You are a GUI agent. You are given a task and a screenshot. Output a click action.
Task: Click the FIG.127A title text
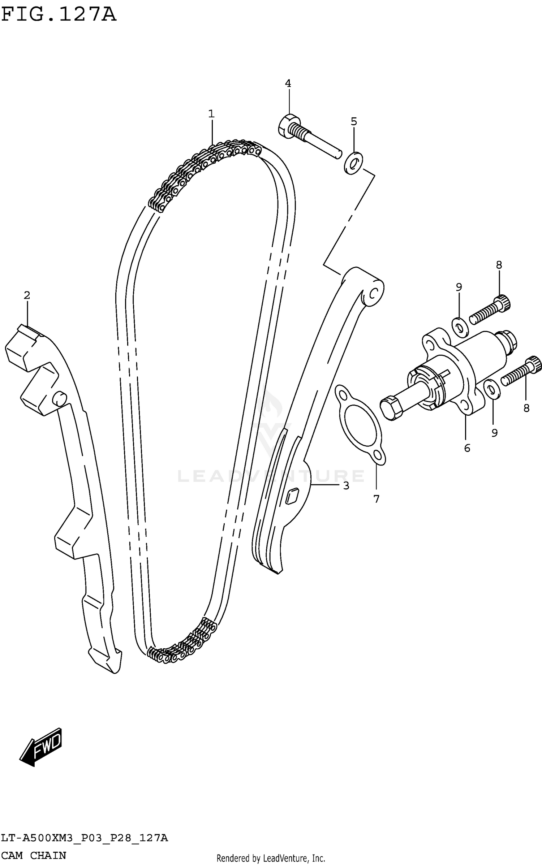tap(59, 15)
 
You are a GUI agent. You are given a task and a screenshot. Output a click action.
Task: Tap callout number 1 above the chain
tap(211, 114)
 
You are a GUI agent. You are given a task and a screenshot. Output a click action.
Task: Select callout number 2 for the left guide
tap(27, 295)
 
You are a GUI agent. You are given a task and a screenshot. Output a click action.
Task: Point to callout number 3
tap(346, 486)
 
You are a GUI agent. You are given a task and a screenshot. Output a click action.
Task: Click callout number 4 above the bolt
tap(288, 83)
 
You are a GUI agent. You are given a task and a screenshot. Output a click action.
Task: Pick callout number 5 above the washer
tap(354, 122)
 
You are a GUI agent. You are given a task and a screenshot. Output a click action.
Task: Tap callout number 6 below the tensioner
tap(467, 448)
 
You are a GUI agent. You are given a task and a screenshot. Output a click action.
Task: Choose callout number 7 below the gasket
tap(376, 499)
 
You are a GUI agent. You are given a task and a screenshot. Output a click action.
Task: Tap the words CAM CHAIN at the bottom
tap(34, 855)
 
